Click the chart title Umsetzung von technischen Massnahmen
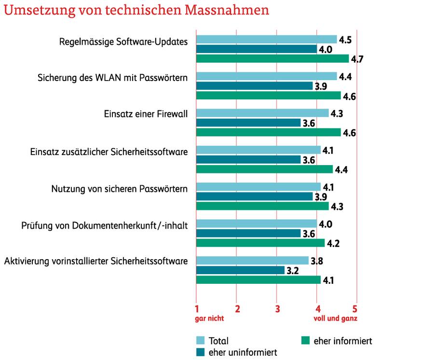(136, 11)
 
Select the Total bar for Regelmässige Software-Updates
(267, 40)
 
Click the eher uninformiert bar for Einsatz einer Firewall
(248, 123)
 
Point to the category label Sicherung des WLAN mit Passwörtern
(112, 77)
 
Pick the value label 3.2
(293, 271)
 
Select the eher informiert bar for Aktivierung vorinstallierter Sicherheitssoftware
(258, 280)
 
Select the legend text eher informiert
(342, 341)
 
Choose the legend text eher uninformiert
(243, 352)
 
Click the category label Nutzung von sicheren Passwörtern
(119, 188)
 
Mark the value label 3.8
(317, 261)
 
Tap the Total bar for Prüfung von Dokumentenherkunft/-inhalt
(257, 224)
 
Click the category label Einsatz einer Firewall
(146, 114)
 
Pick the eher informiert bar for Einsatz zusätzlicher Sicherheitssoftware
(264, 169)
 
